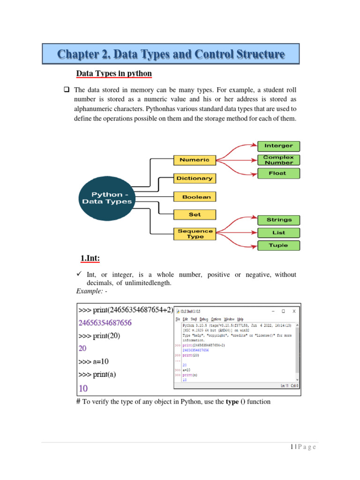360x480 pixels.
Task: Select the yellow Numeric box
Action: (x=194, y=160)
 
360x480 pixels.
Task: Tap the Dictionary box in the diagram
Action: (x=194, y=178)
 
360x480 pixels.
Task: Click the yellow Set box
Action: (x=195, y=215)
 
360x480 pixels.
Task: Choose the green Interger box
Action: (x=278, y=146)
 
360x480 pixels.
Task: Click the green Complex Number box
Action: (x=278, y=160)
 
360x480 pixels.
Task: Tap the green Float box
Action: (x=278, y=173)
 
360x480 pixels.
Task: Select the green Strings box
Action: (x=279, y=219)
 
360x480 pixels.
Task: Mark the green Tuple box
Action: (x=278, y=245)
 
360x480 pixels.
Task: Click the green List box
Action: (x=278, y=232)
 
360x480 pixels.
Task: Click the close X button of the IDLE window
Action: (x=294, y=311)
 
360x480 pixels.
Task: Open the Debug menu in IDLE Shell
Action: (x=203, y=319)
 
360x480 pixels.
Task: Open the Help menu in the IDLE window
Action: (x=240, y=319)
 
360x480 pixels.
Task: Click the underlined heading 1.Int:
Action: (x=91, y=259)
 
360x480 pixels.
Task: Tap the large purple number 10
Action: (x=83, y=388)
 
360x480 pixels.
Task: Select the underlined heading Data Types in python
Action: (x=114, y=74)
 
